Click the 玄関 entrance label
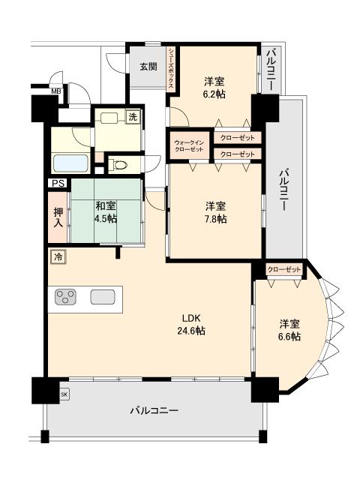point(148,67)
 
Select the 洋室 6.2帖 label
point(214,88)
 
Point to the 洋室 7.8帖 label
point(216,212)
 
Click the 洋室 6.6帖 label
point(289,330)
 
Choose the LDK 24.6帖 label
point(191,324)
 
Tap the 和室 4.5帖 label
point(106,211)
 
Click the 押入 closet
point(58,217)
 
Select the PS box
point(58,183)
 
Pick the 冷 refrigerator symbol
point(58,256)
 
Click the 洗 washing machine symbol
point(133,117)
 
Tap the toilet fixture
point(118,165)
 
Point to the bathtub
point(70,163)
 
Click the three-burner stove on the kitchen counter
point(65,297)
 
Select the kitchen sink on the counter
point(103,297)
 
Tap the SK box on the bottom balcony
point(64,394)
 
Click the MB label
point(56,91)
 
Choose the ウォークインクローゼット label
point(189,145)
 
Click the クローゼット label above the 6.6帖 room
point(284,270)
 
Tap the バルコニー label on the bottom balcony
point(154,410)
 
